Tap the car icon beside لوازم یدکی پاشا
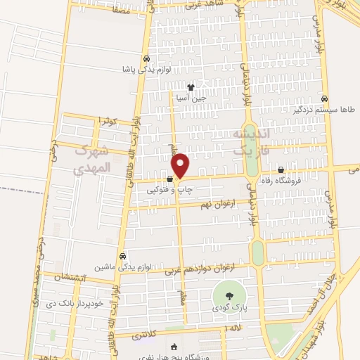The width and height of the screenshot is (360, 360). (x=146, y=60)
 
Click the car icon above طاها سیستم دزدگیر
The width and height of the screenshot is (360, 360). (x=324, y=99)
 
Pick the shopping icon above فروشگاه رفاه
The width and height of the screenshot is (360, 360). (x=281, y=169)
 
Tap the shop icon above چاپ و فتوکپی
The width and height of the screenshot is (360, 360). (x=170, y=179)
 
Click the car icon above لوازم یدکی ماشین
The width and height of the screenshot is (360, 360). (x=123, y=256)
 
